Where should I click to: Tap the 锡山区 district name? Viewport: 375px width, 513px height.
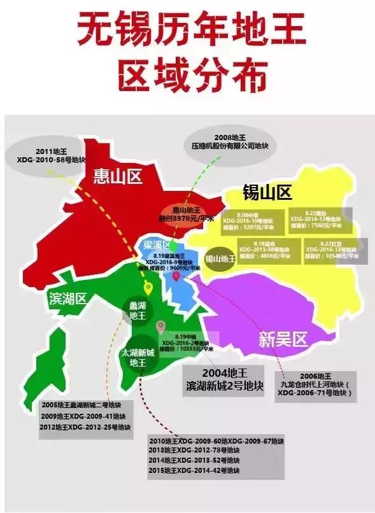(267, 192)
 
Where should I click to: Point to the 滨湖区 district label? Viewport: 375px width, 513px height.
(67, 299)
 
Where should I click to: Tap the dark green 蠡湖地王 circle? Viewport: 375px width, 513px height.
(138, 310)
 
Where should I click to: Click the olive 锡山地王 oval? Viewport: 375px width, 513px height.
(220, 258)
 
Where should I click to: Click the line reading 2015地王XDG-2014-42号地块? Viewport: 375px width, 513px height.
(194, 470)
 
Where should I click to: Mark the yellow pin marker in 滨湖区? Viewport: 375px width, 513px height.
(148, 289)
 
